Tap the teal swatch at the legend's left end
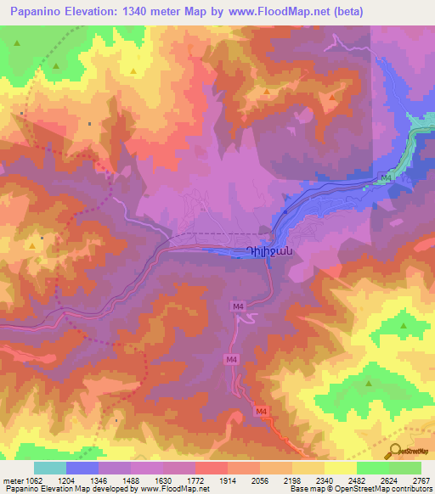[x=50, y=468]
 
